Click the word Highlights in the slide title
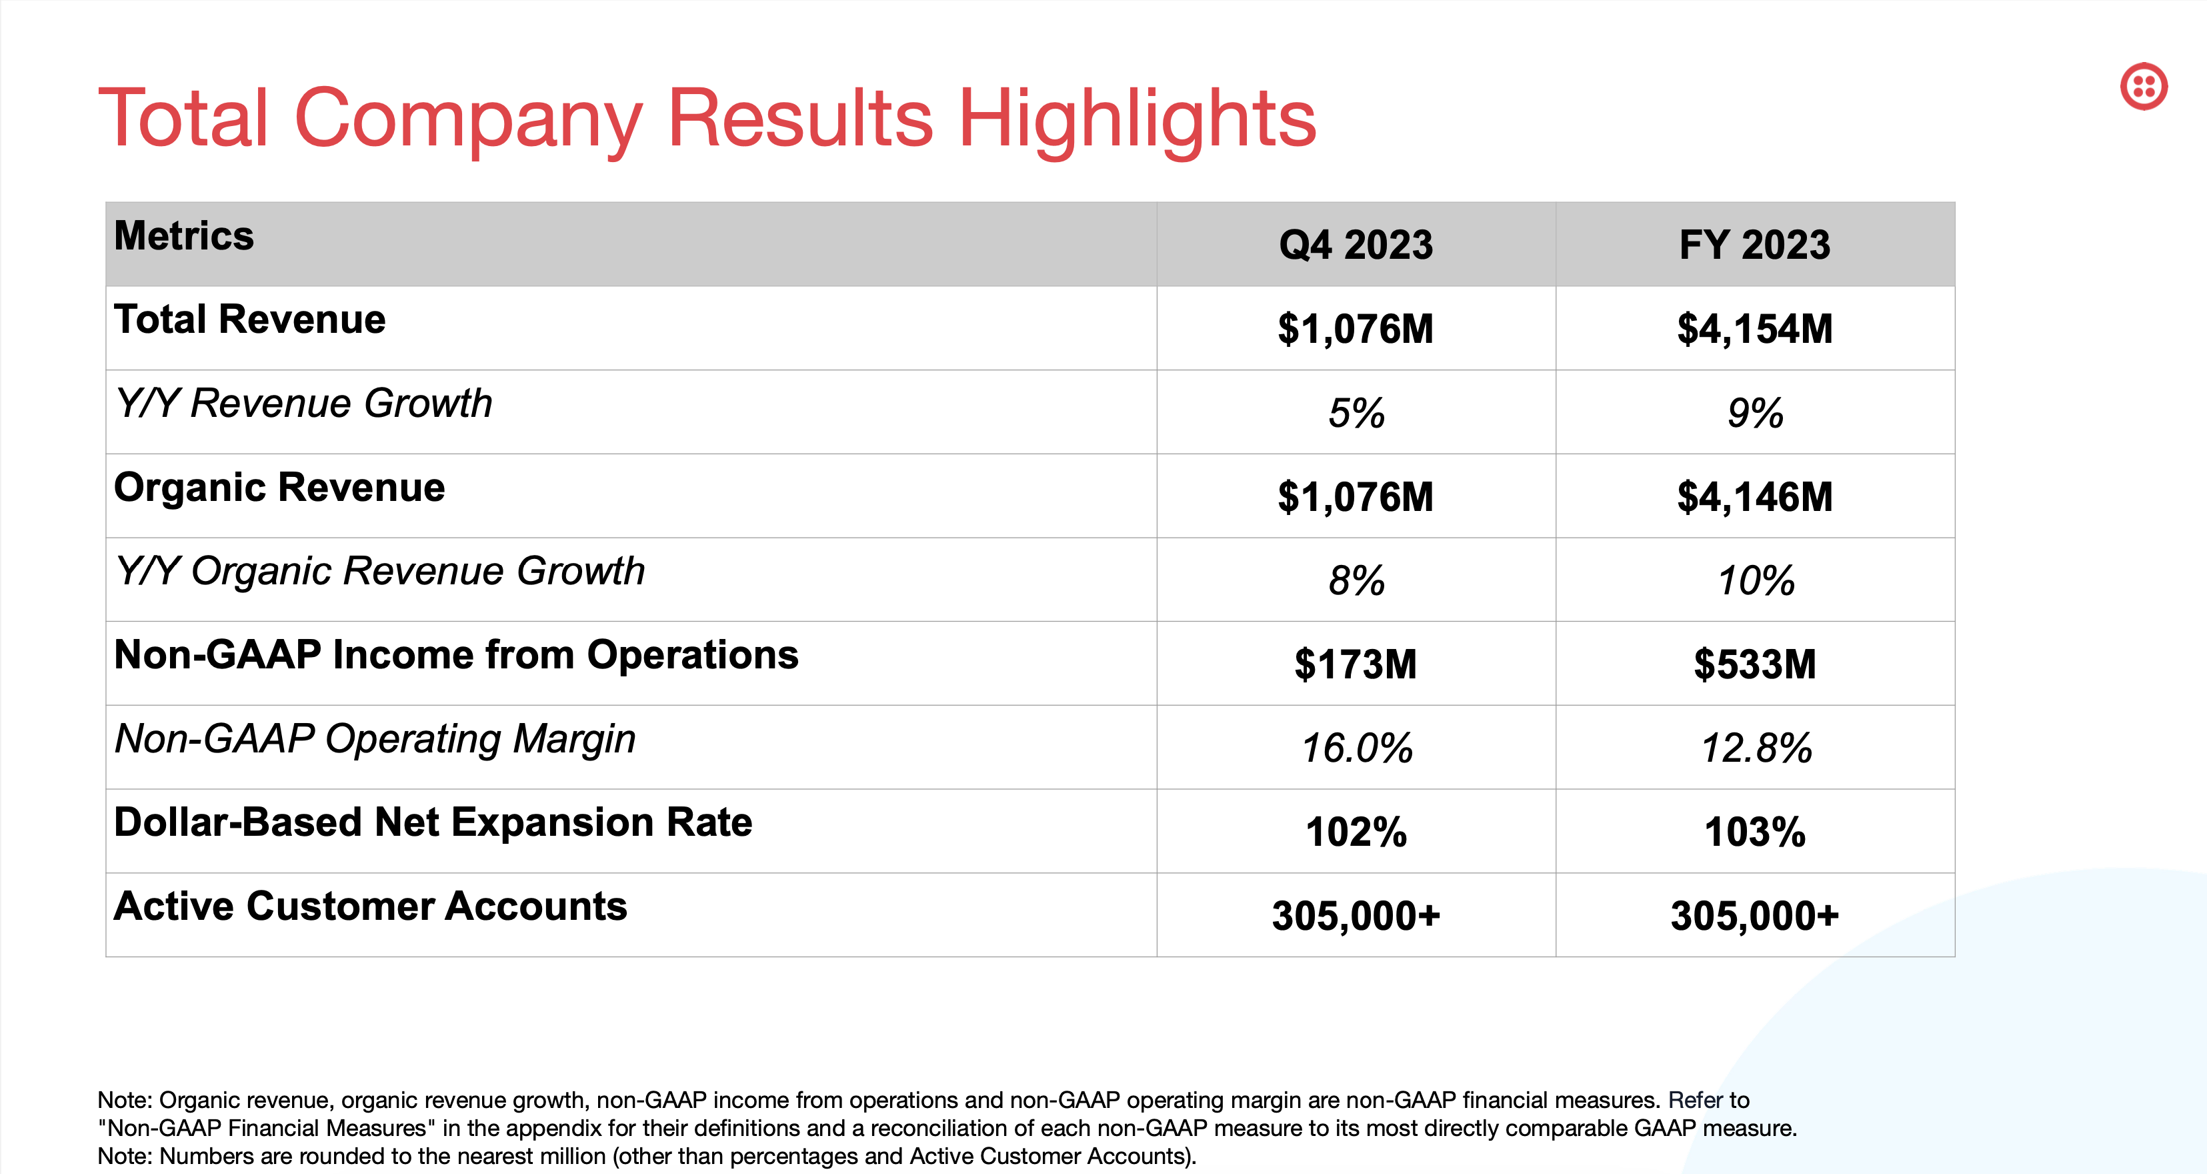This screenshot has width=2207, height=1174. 1136,119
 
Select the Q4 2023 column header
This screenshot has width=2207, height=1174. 1356,245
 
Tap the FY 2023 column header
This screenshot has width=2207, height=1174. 1755,245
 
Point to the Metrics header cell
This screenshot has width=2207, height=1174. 184,237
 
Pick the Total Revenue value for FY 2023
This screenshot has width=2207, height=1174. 1755,329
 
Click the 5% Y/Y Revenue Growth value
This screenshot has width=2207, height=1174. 1356,413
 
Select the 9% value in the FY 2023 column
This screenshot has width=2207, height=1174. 1755,413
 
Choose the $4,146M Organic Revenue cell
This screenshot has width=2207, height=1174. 1755,497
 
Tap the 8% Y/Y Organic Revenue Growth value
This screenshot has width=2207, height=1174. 1356,581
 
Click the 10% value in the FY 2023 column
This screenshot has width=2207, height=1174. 1756,581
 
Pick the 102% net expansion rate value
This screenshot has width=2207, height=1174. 1356,832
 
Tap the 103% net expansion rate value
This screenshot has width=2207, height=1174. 1755,832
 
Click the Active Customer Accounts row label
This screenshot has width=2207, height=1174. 370,907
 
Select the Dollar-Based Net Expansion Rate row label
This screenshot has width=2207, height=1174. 433,822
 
